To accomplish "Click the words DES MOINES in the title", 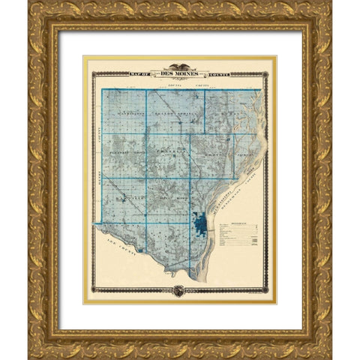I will (180, 73).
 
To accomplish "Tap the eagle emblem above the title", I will (180, 66).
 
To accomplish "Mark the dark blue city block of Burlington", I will (200, 223).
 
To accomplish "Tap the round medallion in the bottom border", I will (180, 289).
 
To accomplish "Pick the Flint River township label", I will (171, 196).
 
